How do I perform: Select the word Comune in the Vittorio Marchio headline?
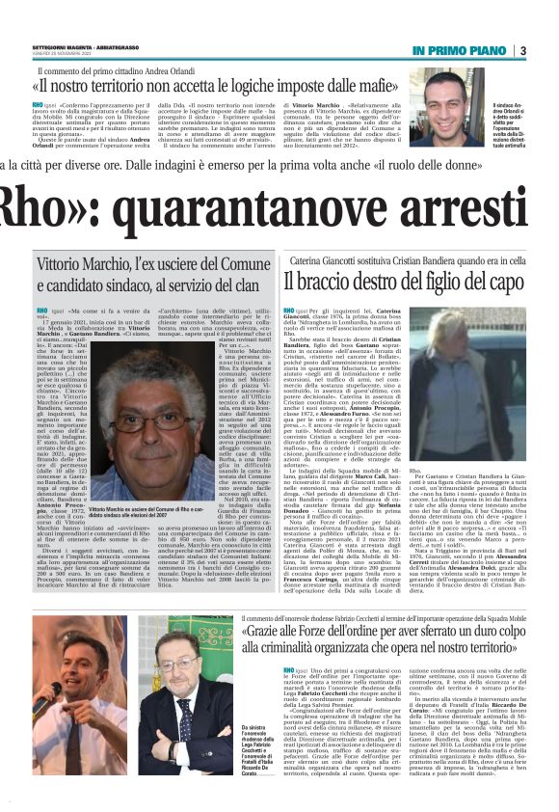[231, 263]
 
